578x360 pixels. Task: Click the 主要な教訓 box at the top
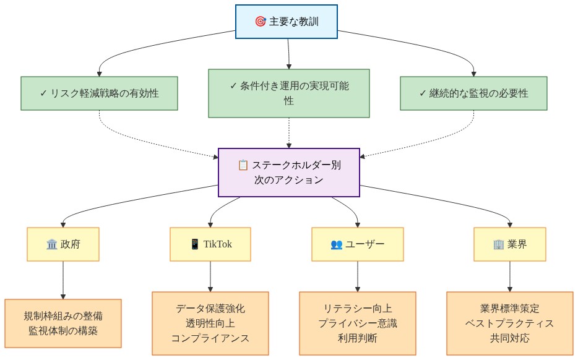pos(287,22)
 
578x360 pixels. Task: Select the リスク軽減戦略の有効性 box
pos(99,93)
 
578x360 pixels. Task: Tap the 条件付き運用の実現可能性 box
pos(289,93)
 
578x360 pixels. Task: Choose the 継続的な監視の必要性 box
pos(473,93)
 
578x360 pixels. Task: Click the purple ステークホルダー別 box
pos(289,173)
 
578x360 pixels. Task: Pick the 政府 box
pos(63,244)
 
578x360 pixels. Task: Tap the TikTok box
pos(210,244)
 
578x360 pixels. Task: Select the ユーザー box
pos(358,244)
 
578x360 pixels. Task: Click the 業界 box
pos(510,244)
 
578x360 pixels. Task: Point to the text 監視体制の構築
pos(63,331)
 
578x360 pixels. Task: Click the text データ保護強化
pos(210,308)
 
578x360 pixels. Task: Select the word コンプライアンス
pos(210,338)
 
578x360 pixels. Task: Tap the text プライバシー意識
pos(358,323)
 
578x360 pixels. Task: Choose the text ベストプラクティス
pos(510,323)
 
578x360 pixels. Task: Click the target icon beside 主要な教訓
pos(261,22)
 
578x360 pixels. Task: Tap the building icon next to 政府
pos(52,244)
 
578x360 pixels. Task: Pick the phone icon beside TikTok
pos(195,244)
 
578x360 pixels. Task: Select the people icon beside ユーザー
pos(337,244)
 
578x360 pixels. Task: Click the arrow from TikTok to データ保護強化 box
pos(210,276)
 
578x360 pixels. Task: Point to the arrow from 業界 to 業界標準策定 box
pos(510,276)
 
